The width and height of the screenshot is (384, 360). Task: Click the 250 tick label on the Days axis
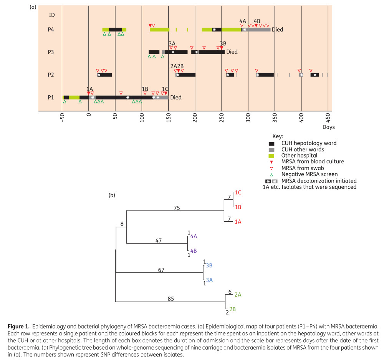pos(222,118)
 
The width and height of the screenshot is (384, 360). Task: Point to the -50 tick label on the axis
pos(62,118)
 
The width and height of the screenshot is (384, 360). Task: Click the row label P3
pos(51,52)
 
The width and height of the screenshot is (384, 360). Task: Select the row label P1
pos(51,98)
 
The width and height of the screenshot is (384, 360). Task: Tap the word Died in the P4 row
pos(278,30)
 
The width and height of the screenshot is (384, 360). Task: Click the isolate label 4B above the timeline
pos(257,21)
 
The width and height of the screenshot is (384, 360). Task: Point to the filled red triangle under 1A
pos(89,93)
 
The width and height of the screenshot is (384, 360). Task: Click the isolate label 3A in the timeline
pos(172,44)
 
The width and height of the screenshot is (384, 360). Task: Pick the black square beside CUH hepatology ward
pos(271,144)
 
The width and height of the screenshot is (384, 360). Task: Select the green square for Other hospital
pos(271,156)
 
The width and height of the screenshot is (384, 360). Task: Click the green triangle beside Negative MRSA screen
pos(271,175)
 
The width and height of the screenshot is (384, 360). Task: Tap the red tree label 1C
pos(238,192)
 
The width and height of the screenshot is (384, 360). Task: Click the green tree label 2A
pos(238,295)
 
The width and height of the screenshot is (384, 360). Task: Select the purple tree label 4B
pos(194,251)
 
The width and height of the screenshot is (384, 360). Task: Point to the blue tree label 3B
pos(209,265)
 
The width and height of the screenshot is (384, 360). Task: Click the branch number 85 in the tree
pos(171,299)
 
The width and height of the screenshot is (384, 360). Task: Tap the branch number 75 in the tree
pos(177,208)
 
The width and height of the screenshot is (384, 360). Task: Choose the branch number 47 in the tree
pos(159,241)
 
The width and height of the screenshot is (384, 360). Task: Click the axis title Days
pos(329,127)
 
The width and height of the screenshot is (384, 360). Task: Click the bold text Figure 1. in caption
pos(18,327)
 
